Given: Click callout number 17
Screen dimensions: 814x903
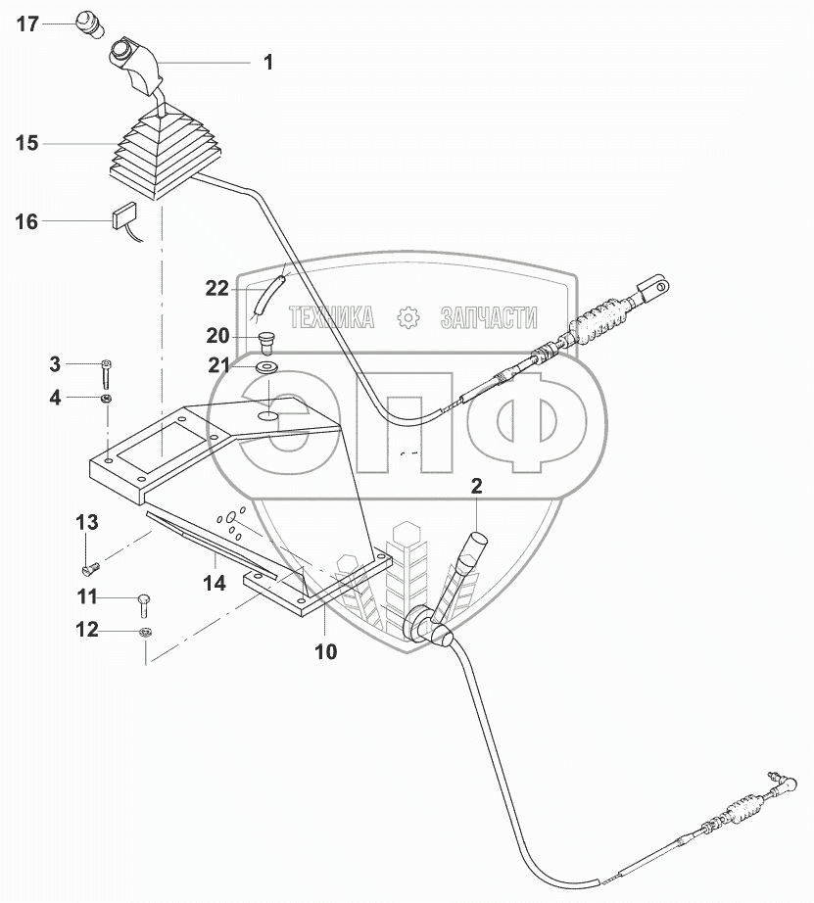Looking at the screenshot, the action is [x=26, y=24].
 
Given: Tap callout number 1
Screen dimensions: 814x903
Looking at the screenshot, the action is [x=266, y=62].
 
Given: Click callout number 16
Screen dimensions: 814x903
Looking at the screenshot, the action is [x=26, y=222].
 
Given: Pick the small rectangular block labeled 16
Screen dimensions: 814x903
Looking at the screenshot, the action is [x=124, y=214].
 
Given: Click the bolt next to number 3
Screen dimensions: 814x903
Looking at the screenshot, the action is [x=105, y=373].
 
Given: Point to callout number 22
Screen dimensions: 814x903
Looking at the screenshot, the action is [x=216, y=287].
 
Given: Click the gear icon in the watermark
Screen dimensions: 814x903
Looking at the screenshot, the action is [x=407, y=316].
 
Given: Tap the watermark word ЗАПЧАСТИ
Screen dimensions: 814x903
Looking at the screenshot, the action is [x=490, y=316].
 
